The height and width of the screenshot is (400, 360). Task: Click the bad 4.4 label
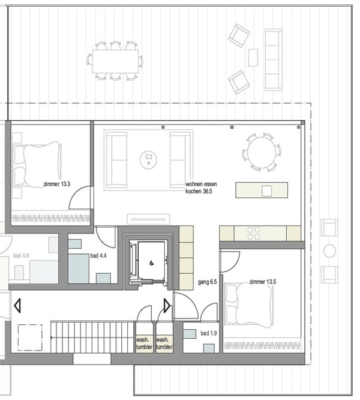[x=98, y=256]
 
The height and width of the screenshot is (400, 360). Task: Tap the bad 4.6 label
[x=21, y=256]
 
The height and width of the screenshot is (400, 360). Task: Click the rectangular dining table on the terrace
[x=116, y=60]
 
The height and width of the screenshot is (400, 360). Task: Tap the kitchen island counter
[x=261, y=190]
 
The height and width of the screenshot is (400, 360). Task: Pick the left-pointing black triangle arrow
[x=17, y=305]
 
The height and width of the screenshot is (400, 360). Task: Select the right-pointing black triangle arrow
[x=167, y=306]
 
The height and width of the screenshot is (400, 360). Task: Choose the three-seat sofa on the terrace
[x=274, y=59]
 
